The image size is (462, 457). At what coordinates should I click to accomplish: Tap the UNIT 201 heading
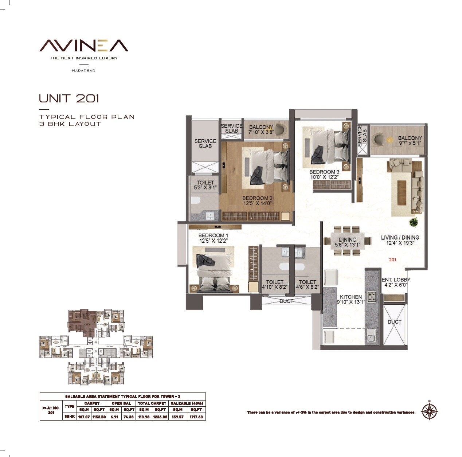(69, 98)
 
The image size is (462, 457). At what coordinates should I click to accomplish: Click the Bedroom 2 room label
(258, 199)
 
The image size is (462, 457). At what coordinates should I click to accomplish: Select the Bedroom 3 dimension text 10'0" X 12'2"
(324, 177)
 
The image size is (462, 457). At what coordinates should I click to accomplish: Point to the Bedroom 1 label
(213, 235)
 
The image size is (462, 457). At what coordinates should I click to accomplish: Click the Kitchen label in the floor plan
(351, 297)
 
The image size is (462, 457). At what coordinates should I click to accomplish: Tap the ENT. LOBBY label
(396, 280)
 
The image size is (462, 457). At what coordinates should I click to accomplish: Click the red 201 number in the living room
(393, 260)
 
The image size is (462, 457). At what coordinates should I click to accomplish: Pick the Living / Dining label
(400, 238)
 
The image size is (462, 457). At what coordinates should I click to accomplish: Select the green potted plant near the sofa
(414, 222)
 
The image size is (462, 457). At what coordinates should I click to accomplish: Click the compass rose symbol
(430, 411)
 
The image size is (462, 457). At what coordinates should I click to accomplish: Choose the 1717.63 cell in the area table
(196, 417)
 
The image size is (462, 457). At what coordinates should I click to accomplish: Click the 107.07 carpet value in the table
(83, 417)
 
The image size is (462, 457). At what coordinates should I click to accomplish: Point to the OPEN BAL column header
(121, 403)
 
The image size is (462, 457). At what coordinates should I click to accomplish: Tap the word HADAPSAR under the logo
(84, 70)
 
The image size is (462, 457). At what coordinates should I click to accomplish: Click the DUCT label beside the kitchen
(394, 322)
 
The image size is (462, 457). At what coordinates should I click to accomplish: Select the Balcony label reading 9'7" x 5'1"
(410, 141)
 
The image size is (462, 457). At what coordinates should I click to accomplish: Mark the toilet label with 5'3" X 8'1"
(205, 185)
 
